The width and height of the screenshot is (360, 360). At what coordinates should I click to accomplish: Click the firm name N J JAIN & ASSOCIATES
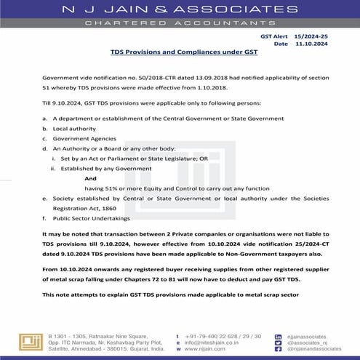tap(180, 11)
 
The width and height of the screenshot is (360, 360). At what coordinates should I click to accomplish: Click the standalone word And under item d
tap(90, 177)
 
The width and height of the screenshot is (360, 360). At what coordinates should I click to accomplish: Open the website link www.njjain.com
tap(195, 348)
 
